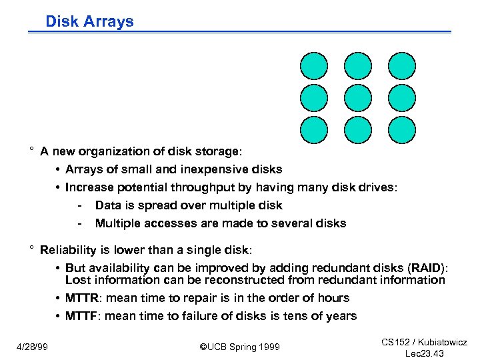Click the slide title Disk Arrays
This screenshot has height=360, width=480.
89,21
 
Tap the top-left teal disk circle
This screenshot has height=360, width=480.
314,66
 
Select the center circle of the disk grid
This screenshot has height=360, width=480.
358,97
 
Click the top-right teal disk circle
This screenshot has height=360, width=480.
402,66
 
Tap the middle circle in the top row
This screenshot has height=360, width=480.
358,66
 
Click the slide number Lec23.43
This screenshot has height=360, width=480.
424,353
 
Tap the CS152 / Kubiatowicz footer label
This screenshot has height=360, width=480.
424,342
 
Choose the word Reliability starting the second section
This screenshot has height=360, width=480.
68,250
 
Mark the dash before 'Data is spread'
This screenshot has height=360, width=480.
79,205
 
